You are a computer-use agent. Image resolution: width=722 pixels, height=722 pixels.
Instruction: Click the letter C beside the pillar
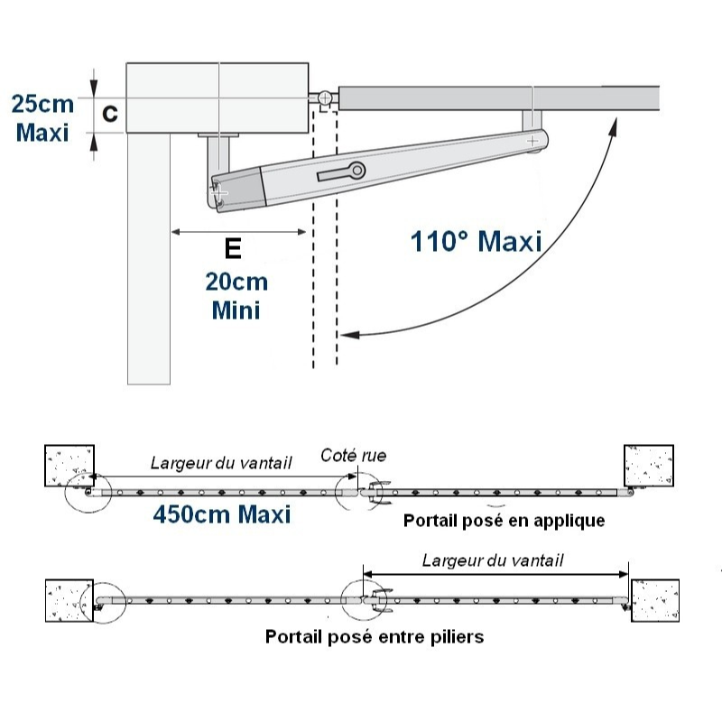pyautogui.click(x=108, y=114)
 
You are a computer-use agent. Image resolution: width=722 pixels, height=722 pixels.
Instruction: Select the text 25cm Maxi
pyautogui.click(x=42, y=117)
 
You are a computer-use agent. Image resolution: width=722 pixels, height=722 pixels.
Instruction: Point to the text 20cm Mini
pyautogui.click(x=236, y=296)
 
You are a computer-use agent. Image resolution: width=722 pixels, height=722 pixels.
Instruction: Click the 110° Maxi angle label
pyautogui.click(x=477, y=242)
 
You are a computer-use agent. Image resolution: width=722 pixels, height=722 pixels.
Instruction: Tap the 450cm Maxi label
pyautogui.click(x=221, y=514)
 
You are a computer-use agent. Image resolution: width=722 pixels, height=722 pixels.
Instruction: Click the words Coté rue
pyautogui.click(x=353, y=456)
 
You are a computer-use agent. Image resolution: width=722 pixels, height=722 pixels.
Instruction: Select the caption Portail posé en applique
pyautogui.click(x=504, y=521)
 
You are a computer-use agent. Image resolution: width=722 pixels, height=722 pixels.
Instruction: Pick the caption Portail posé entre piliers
pyautogui.click(x=375, y=636)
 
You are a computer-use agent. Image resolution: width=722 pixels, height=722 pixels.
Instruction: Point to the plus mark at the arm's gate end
pyautogui.click(x=532, y=140)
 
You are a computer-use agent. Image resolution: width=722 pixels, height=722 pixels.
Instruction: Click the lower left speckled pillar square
pyautogui.click(x=70, y=601)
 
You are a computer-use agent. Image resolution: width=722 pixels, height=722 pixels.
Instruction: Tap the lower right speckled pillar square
pyautogui.click(x=653, y=601)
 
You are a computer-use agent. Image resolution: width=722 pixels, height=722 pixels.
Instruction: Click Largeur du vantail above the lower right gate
pyautogui.click(x=493, y=560)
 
